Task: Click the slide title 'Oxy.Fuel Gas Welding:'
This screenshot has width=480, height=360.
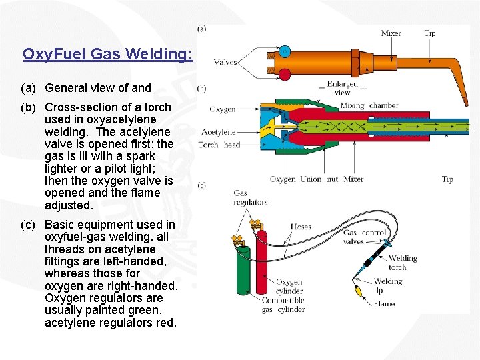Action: coord(107,54)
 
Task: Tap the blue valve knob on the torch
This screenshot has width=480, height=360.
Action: coord(284,51)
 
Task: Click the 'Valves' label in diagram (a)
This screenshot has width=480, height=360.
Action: coord(225,63)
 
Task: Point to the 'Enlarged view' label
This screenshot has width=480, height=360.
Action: coord(342,88)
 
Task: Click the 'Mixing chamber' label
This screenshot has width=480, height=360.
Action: coord(369,105)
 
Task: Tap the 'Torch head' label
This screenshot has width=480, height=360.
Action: coord(219,145)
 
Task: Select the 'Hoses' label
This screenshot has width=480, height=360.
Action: coord(301,227)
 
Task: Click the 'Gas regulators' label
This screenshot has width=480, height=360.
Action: coord(250,197)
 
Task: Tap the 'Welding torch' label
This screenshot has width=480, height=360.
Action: coord(402,263)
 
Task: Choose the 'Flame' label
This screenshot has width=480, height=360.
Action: coord(384,304)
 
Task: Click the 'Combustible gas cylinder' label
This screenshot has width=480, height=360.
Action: coord(283,305)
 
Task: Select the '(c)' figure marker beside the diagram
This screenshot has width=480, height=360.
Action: coord(201,185)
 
